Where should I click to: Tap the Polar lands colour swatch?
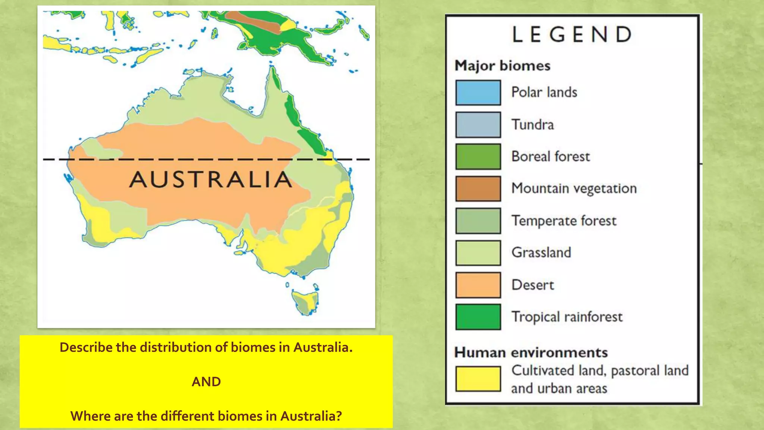478,92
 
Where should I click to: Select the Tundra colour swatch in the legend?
478,124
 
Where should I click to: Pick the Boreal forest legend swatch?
478,156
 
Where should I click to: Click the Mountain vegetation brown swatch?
478,188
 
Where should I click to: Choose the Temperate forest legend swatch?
478,221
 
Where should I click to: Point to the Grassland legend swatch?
478,253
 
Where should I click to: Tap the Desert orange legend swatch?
478,285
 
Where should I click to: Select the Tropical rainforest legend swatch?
478,317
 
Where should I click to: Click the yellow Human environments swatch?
478,379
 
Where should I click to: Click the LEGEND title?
572,34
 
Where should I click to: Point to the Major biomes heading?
502,66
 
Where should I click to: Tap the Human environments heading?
531,352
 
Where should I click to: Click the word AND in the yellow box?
206,381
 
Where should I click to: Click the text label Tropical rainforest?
567,317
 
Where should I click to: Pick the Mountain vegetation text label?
574,188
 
